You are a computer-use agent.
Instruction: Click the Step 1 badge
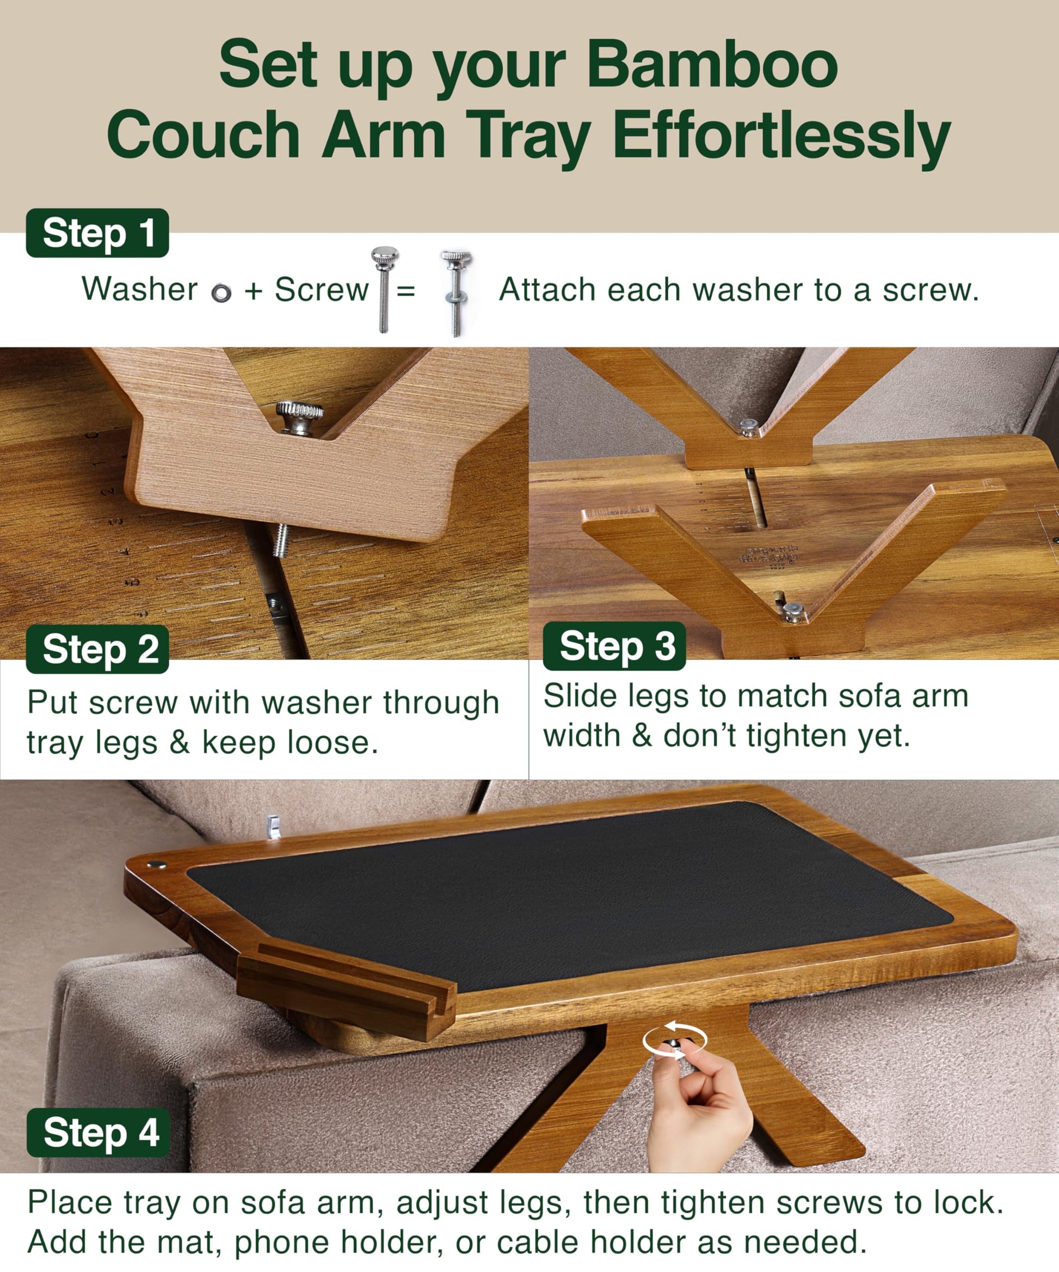click(x=97, y=233)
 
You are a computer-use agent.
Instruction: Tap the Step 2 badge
click(x=97, y=649)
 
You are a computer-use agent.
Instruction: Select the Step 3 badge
click(x=614, y=646)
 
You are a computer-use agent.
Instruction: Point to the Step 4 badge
click(x=98, y=1133)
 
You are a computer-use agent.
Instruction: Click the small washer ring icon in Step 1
click(x=221, y=293)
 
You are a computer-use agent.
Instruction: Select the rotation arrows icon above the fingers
click(x=674, y=1041)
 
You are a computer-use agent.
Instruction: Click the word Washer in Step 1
click(x=140, y=289)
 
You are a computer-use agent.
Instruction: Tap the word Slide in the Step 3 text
click(x=581, y=696)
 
